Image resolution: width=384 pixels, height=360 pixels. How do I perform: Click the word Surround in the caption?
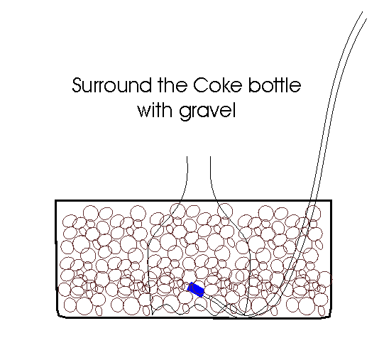(111, 85)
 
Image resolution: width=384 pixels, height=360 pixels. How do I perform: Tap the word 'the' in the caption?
(173, 84)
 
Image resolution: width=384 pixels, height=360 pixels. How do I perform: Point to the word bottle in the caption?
(275, 84)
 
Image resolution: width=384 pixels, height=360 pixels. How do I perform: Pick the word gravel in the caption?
(207, 111)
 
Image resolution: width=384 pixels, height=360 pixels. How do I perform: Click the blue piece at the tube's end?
(196, 290)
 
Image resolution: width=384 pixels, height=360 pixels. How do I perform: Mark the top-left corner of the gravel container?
(56, 201)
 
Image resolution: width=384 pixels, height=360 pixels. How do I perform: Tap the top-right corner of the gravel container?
(331, 201)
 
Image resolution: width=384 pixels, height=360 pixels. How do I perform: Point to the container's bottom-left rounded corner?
(59, 316)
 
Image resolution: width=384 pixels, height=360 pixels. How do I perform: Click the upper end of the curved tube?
(364, 15)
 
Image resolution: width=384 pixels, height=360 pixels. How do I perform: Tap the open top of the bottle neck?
(199, 157)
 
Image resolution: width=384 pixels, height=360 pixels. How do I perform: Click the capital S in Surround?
(77, 85)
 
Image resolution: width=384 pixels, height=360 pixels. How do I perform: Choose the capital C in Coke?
(199, 85)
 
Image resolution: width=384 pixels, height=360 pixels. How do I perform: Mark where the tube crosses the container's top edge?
(314, 201)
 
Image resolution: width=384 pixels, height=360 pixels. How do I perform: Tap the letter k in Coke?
(224, 84)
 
